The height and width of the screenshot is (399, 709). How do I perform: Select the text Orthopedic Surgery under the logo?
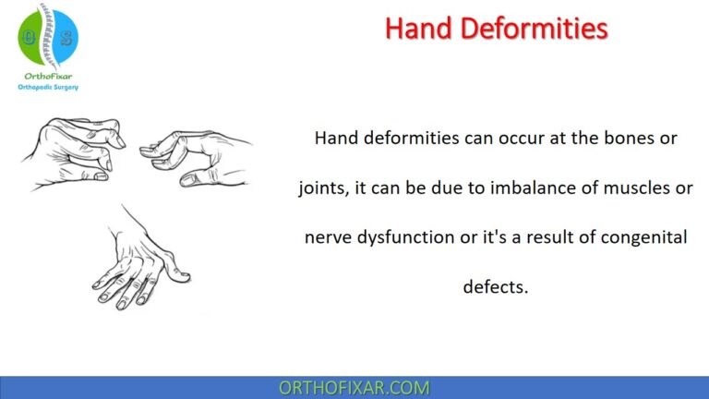pos(48,86)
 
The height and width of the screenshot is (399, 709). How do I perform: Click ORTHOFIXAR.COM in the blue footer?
pos(354,388)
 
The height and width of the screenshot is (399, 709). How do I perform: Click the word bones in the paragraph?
pos(636,139)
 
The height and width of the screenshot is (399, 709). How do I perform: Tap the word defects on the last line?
pos(495,287)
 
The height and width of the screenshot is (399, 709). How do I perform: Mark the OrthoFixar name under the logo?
pos(48,75)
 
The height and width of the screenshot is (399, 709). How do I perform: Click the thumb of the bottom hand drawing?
pos(181,272)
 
